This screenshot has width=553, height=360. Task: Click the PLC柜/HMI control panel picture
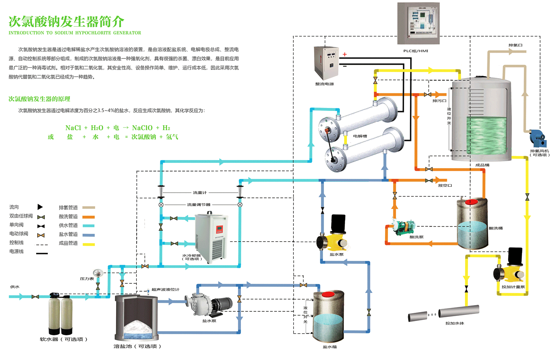[x=418, y=23]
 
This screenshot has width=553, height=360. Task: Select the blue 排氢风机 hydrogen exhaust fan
[x=537, y=139]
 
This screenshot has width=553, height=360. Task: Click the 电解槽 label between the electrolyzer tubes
[x=360, y=136]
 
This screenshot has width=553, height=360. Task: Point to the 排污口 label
[x=439, y=101]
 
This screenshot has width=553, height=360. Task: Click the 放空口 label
[x=445, y=185]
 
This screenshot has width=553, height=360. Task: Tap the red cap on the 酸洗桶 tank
[x=471, y=202]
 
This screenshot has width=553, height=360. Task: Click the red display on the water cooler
[x=219, y=229]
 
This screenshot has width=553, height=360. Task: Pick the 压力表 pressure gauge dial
[x=98, y=273]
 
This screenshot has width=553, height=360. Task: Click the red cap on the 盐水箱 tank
[x=328, y=294]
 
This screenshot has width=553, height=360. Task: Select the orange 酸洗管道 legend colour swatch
[x=88, y=217]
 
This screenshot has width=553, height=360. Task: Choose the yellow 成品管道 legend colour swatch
[x=88, y=244]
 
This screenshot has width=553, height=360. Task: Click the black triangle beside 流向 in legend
[x=40, y=207]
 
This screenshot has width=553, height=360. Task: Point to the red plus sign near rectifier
[x=345, y=55]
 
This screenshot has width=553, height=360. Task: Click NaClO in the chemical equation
[x=142, y=128]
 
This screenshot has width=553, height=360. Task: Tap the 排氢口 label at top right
[x=515, y=45]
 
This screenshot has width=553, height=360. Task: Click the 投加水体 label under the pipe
[x=455, y=323]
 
